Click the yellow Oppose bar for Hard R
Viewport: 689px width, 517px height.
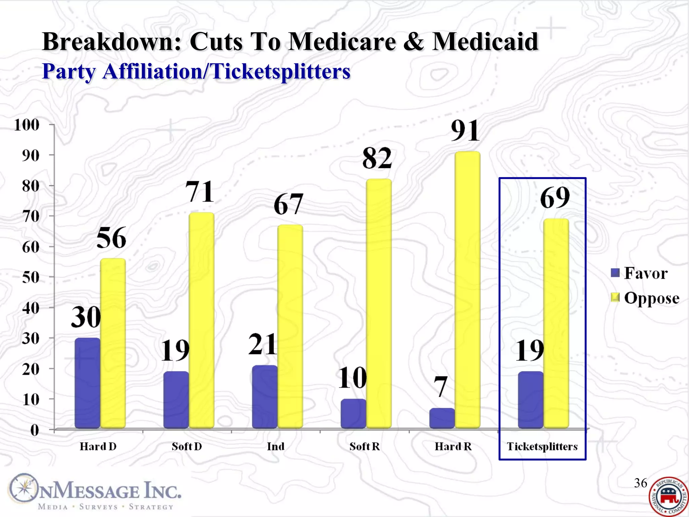pos(467,289)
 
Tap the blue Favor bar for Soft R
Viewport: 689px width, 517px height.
pos(353,414)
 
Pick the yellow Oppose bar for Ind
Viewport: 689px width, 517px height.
pos(290,326)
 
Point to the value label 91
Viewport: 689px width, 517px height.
pos(465,131)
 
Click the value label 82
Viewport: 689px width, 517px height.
pos(377,158)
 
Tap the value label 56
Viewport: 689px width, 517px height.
pos(111,238)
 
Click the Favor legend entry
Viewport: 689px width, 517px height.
pos(639,273)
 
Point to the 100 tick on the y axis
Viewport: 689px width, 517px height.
pos(27,125)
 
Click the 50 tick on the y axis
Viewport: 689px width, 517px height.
pos(31,277)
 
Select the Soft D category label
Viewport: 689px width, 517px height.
pos(187,447)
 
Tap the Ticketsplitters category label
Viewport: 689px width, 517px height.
pos(542,447)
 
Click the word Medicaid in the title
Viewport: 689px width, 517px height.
pos(485,42)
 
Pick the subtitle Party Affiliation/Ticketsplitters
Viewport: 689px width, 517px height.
pos(196,71)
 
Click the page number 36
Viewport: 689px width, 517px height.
pos(640,483)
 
